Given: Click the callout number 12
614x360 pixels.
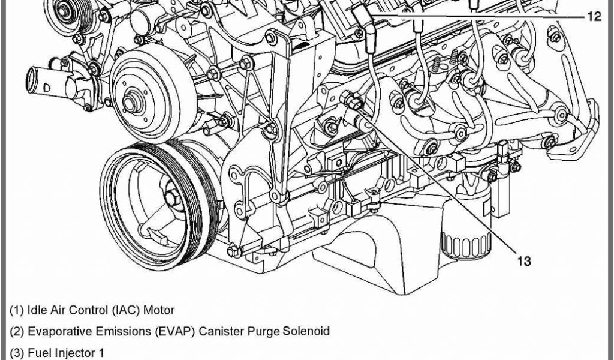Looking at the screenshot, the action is (x=594, y=16).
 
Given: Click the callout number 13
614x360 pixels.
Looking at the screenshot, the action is (x=524, y=261).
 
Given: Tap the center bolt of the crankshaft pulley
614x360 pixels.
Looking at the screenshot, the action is (x=171, y=198).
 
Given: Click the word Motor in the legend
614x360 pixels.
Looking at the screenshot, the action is (x=158, y=310).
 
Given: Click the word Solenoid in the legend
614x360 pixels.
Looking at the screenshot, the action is (x=306, y=331).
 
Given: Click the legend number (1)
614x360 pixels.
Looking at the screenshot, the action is (x=17, y=310).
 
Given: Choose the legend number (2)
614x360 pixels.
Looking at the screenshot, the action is (x=17, y=331).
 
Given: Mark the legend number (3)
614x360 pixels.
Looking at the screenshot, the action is (x=17, y=353).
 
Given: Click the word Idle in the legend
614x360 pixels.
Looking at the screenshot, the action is (x=34, y=310).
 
